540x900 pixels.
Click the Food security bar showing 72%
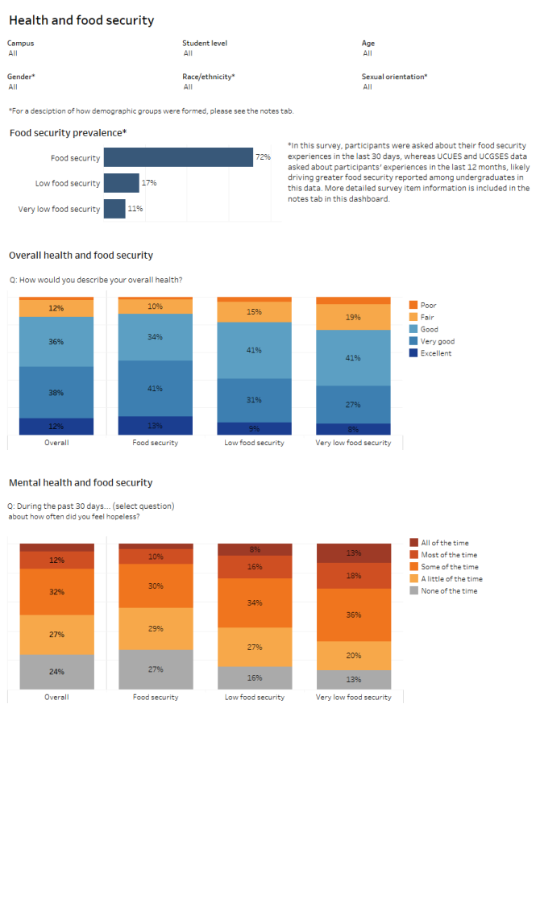[x=178, y=157]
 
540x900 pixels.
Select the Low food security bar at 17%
[x=121, y=183]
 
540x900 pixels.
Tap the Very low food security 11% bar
[x=114, y=209]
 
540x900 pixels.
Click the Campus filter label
[x=21, y=44]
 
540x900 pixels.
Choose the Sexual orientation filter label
[x=394, y=77]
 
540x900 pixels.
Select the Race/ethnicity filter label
[x=208, y=77]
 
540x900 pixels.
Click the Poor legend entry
[x=428, y=306]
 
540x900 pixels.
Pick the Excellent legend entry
[x=435, y=353]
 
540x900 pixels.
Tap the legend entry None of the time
[x=448, y=591]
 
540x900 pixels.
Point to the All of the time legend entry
[x=444, y=543]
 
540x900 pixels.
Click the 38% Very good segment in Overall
[x=56, y=393]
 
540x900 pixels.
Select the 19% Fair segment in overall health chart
[x=353, y=317]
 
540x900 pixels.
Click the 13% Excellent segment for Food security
[x=156, y=425]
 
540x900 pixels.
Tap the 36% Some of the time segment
[x=353, y=615]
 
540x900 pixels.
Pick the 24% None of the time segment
[x=56, y=671]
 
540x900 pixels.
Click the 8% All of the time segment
[x=255, y=550]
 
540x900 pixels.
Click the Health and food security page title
[x=81, y=20]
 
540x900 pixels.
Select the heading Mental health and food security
[x=81, y=483]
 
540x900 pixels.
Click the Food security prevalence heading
[x=68, y=133]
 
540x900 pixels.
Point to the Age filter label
[x=368, y=44]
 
